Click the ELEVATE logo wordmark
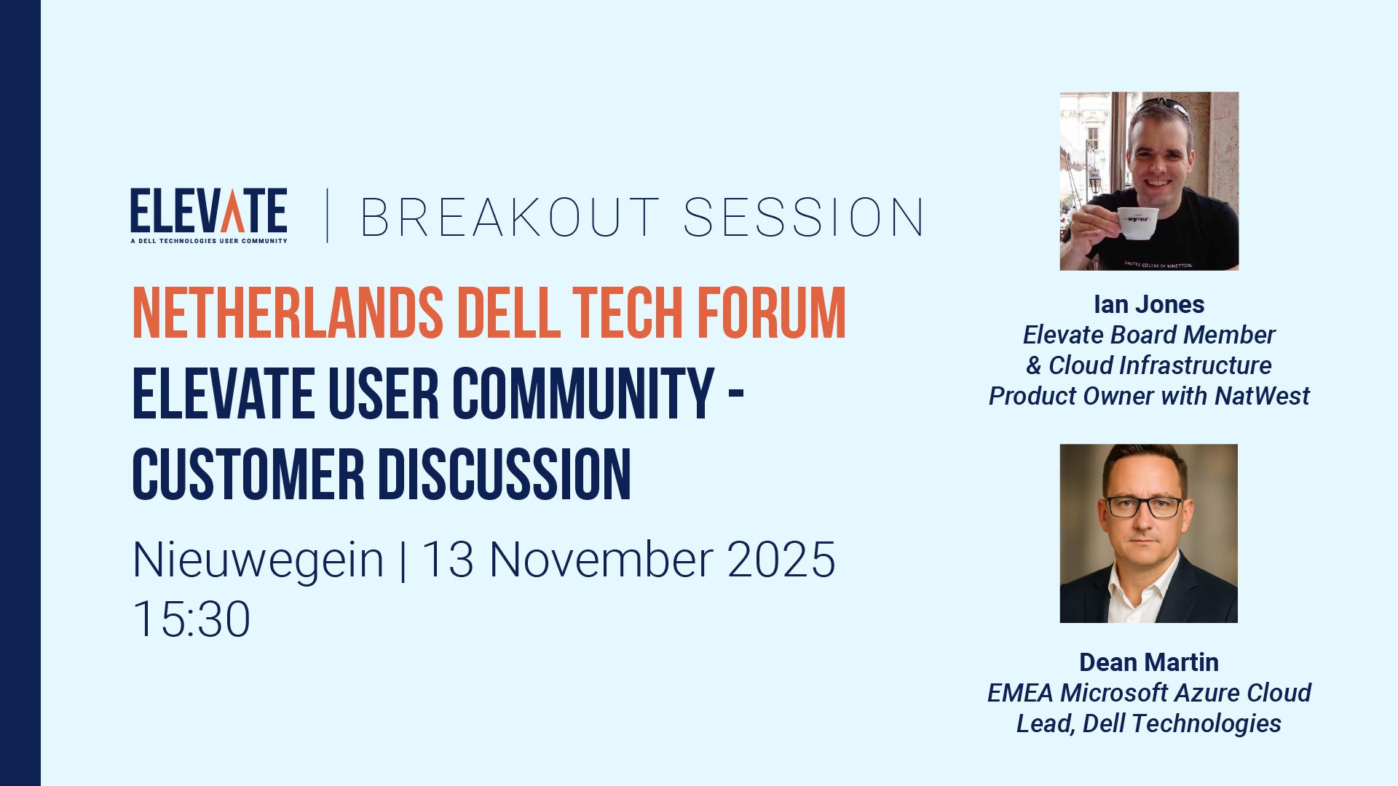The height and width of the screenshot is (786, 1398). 208,210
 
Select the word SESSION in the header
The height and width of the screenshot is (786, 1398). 804,218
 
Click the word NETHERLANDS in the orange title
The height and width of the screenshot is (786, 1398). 288,314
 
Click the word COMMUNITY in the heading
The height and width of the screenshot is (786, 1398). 582,394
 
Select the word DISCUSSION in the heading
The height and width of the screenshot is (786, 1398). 504,475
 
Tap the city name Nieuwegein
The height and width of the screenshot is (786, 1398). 258,560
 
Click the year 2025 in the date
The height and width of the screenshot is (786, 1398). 781,560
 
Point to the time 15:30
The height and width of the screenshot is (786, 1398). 191,619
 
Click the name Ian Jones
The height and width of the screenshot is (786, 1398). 1148,304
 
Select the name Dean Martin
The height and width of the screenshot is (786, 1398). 1148,662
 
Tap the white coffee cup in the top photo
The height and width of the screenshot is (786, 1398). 1137,222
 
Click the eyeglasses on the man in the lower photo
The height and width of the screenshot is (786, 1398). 1144,507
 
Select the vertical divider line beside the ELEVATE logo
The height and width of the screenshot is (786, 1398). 327,215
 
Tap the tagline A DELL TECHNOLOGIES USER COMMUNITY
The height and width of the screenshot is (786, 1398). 208,241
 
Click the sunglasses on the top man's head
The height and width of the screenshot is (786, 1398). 1163,106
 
